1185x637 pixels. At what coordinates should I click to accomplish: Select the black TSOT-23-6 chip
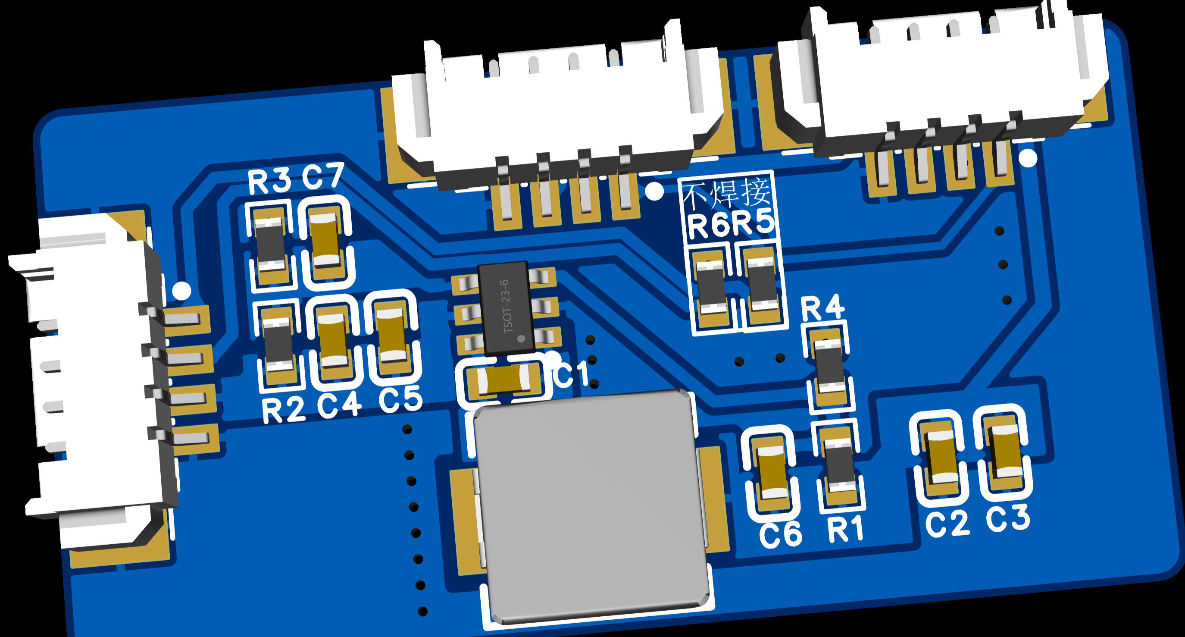tap(506, 308)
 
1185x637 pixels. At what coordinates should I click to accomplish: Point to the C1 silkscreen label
tap(572, 374)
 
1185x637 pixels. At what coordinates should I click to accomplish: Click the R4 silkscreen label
tap(822, 308)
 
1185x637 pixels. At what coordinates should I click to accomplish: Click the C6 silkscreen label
tap(780, 534)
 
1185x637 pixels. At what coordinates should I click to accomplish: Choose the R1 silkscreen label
tap(845, 529)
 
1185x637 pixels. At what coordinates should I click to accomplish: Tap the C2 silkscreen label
tap(947, 523)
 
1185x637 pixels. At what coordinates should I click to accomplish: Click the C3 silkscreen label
tap(1008, 518)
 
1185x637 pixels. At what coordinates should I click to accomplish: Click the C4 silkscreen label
tap(340, 405)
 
